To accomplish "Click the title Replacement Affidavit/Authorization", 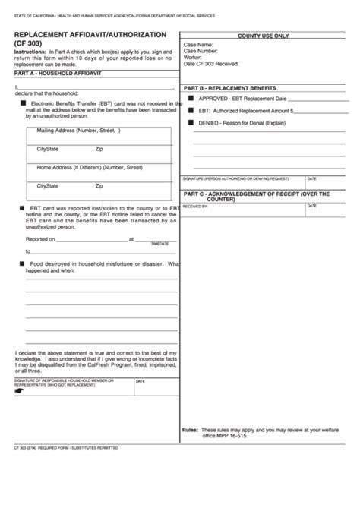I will [x=90, y=35].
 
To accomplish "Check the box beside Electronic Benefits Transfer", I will [x=24, y=102].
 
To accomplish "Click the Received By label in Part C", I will [x=195, y=206].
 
